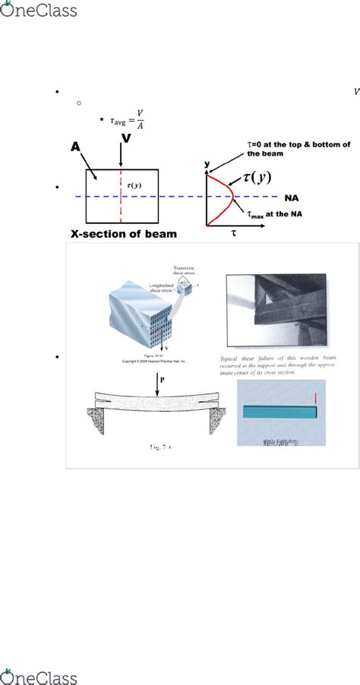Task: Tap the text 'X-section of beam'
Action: pos(123,235)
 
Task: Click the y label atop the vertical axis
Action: pos(206,164)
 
